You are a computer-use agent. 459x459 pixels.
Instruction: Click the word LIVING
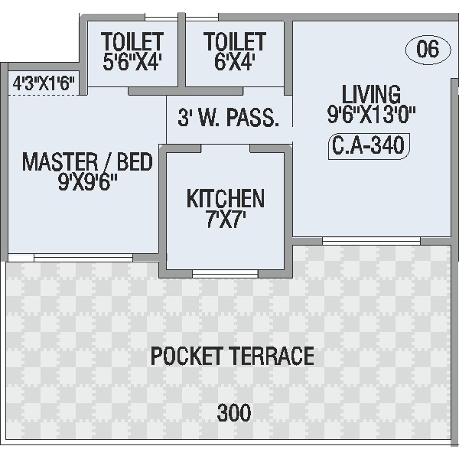[x=371, y=94]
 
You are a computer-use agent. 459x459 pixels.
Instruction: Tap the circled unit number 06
[x=428, y=49]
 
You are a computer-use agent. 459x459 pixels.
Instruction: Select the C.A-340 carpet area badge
[x=369, y=146]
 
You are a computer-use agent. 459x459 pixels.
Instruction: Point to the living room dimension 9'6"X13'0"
[x=371, y=114]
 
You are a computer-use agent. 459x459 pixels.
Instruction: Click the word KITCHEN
[x=226, y=198]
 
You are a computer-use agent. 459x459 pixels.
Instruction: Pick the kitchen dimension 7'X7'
[x=226, y=219]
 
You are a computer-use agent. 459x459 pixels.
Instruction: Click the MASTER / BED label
[x=87, y=161]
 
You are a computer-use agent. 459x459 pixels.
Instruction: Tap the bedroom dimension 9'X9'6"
[x=87, y=182]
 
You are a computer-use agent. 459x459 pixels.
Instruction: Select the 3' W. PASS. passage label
[x=228, y=117]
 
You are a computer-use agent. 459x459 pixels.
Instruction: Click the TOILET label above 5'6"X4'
[x=132, y=41]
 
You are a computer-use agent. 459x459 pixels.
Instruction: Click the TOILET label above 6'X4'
[x=235, y=41]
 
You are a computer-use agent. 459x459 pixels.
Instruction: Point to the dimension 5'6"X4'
[x=132, y=62]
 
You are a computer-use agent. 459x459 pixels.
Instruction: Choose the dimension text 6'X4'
[x=235, y=62]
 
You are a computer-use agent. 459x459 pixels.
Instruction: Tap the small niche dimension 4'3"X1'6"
[x=44, y=83]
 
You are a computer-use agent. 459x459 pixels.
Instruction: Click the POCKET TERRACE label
[x=233, y=356]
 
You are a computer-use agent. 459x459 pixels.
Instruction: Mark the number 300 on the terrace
[x=234, y=412]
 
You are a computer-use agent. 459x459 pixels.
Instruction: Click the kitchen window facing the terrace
[x=225, y=274]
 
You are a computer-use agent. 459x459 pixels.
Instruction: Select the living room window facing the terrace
[x=371, y=241]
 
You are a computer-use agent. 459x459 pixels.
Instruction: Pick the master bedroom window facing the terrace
[x=83, y=258]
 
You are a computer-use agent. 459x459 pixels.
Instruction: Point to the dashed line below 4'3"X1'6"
[x=44, y=95]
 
